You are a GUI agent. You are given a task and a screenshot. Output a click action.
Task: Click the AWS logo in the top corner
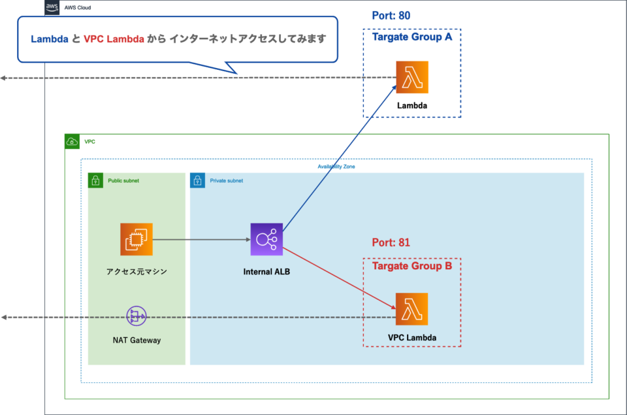click(x=52, y=8)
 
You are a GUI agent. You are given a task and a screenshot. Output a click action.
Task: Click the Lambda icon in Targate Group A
click(x=411, y=77)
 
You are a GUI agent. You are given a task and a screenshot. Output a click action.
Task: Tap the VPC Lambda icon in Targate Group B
click(x=411, y=309)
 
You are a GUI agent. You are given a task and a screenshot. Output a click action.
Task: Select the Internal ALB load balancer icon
click(x=266, y=239)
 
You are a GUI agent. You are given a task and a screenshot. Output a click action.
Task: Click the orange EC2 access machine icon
click(x=137, y=239)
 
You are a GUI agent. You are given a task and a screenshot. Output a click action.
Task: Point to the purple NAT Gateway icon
click(x=137, y=317)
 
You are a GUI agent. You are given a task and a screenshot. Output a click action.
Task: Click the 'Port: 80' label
click(x=391, y=16)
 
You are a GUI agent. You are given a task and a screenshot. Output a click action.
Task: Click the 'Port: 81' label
click(x=391, y=242)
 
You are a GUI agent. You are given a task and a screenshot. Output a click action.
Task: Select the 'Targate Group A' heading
click(x=411, y=37)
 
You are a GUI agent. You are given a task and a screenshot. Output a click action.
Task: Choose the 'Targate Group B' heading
click(x=411, y=266)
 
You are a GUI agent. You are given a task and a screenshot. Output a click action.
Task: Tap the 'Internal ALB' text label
click(x=266, y=271)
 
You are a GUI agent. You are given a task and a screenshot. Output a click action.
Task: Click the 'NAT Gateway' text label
click(x=137, y=340)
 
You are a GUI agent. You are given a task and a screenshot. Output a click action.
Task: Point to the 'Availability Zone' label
click(x=336, y=167)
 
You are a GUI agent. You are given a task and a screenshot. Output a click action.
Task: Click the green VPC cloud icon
click(x=72, y=141)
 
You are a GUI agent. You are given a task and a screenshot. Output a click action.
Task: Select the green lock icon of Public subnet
click(x=95, y=180)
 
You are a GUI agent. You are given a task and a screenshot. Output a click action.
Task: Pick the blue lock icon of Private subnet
click(x=197, y=180)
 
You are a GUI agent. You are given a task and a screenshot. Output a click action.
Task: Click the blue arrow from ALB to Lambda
click(x=340, y=157)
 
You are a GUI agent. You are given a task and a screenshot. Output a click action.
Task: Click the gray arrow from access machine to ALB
click(x=202, y=239)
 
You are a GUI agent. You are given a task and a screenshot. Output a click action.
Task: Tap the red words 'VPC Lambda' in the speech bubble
click(x=114, y=39)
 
